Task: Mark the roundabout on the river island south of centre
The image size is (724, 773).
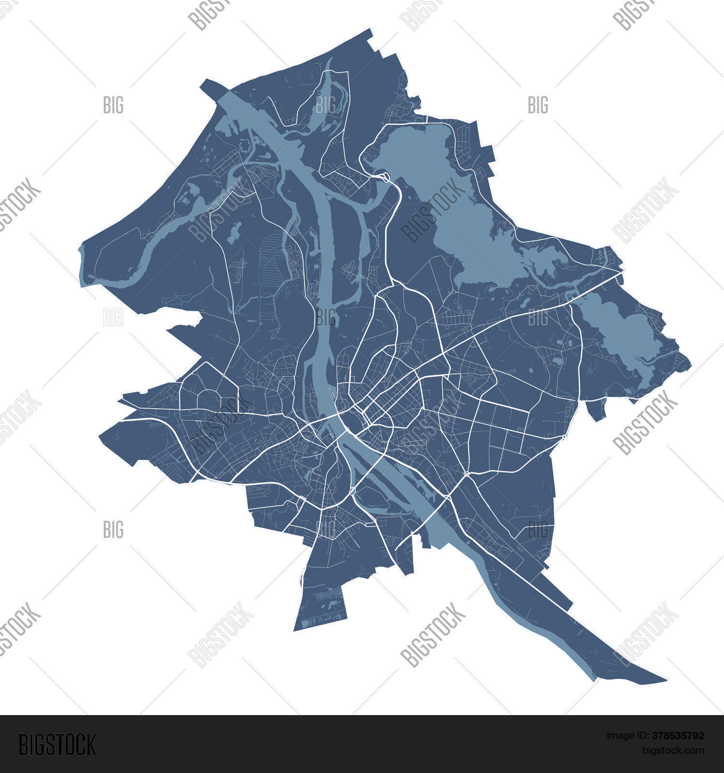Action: tap(353, 491)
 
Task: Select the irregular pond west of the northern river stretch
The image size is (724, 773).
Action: tap(235, 233)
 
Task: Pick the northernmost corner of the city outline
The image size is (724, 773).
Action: tap(371, 30)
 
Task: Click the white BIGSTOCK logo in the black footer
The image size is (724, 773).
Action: tap(57, 744)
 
